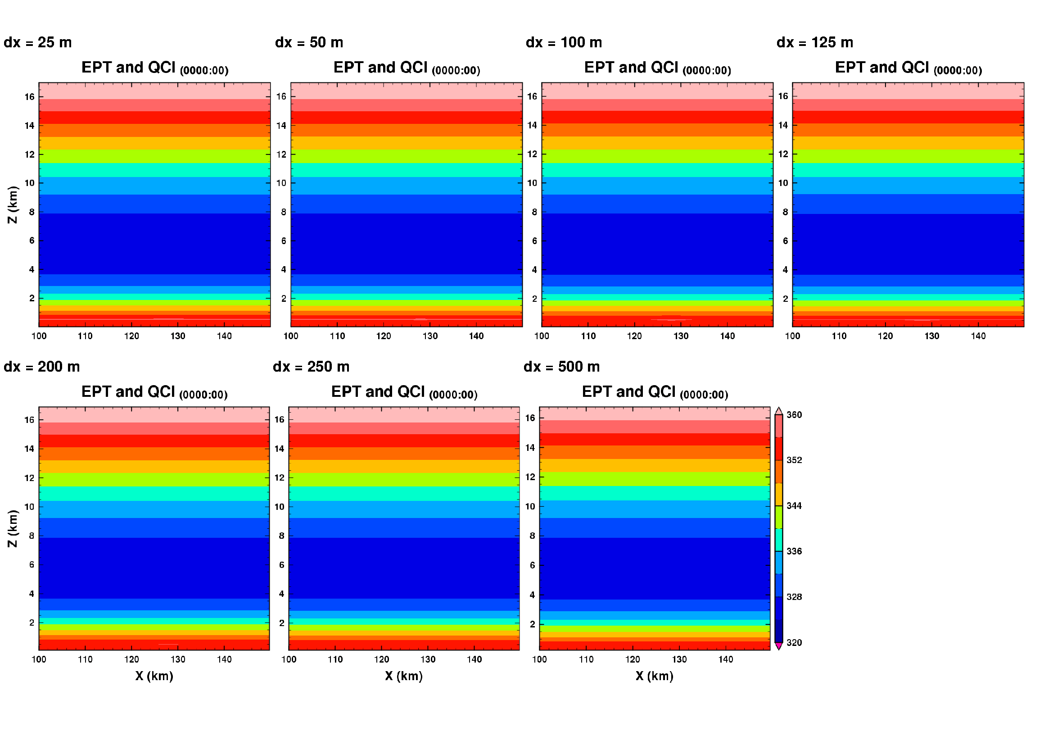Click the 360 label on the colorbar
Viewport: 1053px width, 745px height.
[794, 415]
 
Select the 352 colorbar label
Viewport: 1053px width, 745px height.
[794, 460]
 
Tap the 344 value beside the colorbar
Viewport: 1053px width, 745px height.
[794, 505]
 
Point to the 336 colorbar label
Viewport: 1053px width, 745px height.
[794, 551]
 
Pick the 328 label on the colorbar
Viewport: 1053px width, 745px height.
[794, 597]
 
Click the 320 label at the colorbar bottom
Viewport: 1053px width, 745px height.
[794, 642]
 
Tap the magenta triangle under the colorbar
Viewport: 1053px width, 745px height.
[778, 646]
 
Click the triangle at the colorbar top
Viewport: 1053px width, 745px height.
[778, 411]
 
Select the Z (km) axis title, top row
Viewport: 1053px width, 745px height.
[13, 204]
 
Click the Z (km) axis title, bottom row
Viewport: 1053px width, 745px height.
[13, 528]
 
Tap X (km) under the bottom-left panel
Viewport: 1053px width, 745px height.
[154, 676]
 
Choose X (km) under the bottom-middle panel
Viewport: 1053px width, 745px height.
[403, 676]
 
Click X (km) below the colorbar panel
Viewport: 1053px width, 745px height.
[655, 676]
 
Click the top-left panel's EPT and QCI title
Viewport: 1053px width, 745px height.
[154, 68]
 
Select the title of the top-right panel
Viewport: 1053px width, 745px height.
[908, 68]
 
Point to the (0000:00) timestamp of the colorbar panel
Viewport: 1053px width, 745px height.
[704, 395]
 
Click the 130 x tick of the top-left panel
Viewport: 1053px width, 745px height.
[178, 336]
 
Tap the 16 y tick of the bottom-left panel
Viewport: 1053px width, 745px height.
[29, 420]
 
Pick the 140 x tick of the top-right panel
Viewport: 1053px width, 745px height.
[978, 336]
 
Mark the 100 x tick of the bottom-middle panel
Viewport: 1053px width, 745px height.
[289, 659]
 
